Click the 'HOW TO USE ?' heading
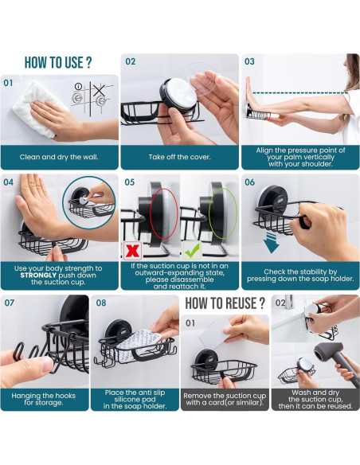point(58,63)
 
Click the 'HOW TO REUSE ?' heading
point(225,303)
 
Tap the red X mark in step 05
point(132,251)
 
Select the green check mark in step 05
point(192,251)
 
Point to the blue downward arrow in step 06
point(272,242)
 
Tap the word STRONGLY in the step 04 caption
point(38,275)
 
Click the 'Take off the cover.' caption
point(180,157)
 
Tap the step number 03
point(249,61)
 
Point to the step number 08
point(101,303)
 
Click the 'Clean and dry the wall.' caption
point(59,157)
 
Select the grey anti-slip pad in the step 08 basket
point(139,344)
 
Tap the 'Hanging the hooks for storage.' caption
point(44,399)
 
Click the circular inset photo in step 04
point(89,203)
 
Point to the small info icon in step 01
point(78,86)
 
